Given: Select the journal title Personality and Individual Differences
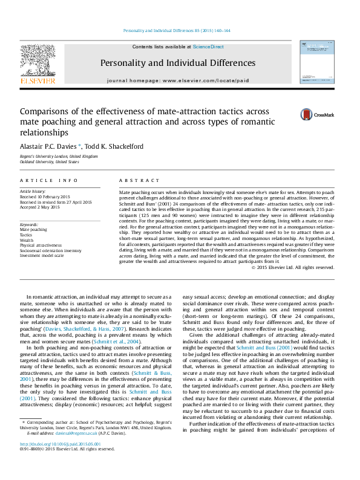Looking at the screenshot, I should pyautogui.click(x=177, y=63).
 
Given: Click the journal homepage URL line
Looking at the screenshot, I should pyautogui.click(x=177, y=80).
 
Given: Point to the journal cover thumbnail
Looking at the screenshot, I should pyautogui.click(x=316, y=63).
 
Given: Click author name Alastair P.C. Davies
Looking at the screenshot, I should pyautogui.click(x=56, y=146).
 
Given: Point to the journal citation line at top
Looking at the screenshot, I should pyautogui.click(x=177, y=30).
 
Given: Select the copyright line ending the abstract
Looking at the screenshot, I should pyautogui.click(x=293, y=267).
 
